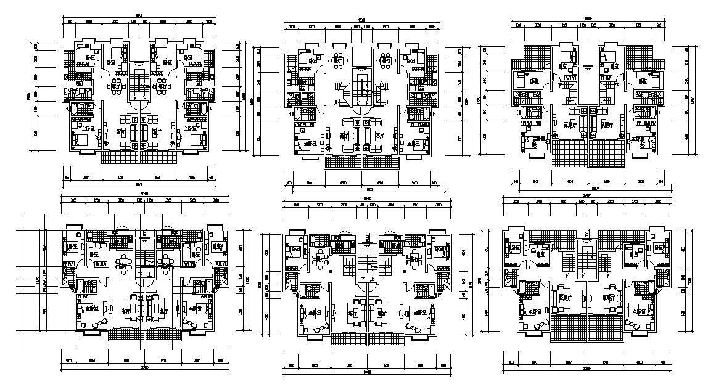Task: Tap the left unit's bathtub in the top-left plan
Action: (x=80, y=109)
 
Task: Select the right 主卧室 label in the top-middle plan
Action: (x=411, y=142)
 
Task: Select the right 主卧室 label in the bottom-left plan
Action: (x=196, y=308)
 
